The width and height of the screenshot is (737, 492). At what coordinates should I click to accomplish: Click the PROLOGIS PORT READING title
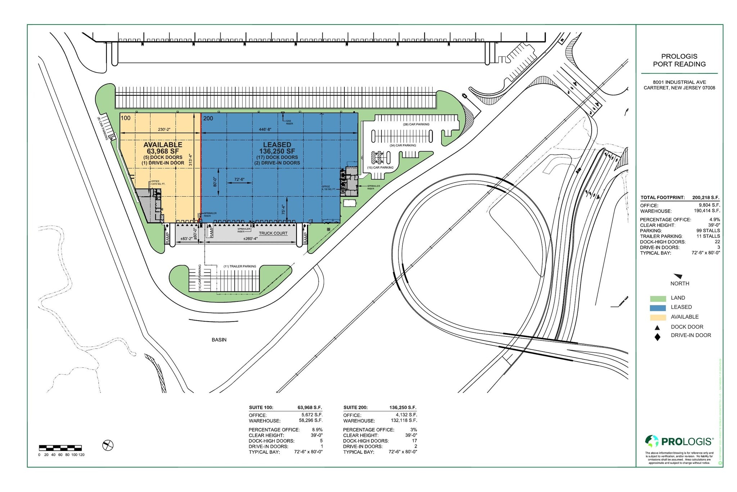coord(679,60)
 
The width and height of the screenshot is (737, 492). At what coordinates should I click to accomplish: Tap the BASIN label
coord(219,340)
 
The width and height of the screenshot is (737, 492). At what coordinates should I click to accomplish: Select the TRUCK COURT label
coord(273,233)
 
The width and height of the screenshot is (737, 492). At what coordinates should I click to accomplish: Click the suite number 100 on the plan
coord(126,118)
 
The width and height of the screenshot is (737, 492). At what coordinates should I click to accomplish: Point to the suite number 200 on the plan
coord(208,118)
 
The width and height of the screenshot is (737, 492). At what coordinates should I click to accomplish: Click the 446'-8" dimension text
coord(265,129)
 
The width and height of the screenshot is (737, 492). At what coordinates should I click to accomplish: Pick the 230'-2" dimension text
coord(164,129)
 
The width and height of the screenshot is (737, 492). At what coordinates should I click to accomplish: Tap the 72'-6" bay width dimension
coord(239,179)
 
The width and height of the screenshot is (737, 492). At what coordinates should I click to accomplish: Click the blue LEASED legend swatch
coord(658,308)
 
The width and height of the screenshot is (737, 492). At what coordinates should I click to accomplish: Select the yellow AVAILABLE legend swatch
coord(658,317)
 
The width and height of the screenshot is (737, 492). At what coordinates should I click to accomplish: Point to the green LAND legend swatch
coord(658,298)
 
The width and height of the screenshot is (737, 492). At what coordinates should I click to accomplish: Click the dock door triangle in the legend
coord(657,327)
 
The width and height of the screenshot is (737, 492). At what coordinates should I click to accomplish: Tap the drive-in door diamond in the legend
coord(657,337)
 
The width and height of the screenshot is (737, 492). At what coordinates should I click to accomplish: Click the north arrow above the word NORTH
coord(678,276)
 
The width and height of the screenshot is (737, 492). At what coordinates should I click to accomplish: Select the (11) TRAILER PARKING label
coord(240,267)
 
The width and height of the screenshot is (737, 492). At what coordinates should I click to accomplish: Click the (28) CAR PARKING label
coord(416,124)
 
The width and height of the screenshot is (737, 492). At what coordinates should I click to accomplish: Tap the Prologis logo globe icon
coord(652,441)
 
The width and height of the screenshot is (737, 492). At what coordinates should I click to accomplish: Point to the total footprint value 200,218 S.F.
coord(706,197)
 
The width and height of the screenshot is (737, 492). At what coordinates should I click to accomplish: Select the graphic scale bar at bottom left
coord(60,448)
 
